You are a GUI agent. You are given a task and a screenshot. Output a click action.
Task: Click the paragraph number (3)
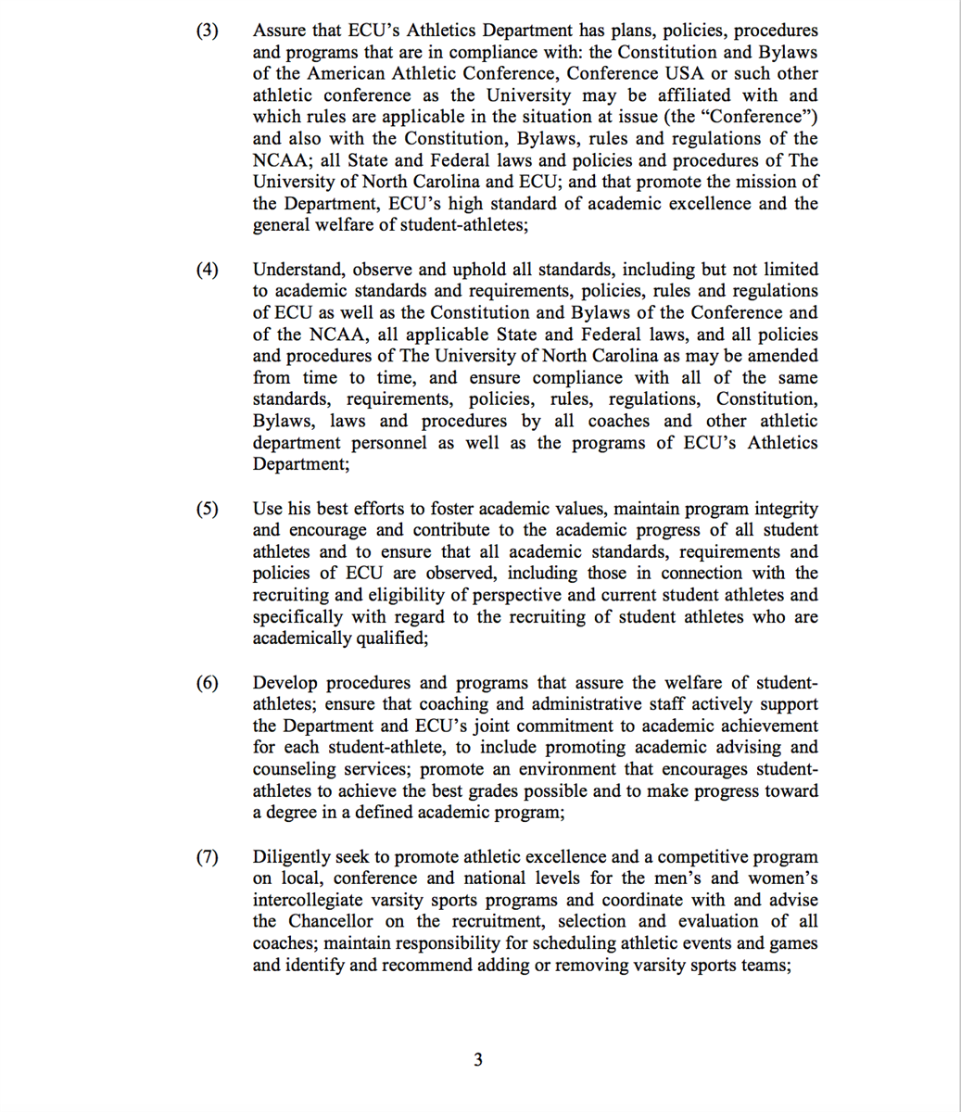tap(207, 31)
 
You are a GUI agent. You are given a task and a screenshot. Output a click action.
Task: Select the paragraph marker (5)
tap(207, 509)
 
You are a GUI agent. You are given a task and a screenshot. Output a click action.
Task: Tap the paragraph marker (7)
tap(207, 857)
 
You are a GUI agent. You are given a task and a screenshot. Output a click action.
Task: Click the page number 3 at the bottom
tap(477, 1059)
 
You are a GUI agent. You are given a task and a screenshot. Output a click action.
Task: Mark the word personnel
tap(385, 443)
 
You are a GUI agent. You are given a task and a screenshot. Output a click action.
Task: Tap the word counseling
tap(295, 770)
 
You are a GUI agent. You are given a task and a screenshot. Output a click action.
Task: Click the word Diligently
tap(294, 857)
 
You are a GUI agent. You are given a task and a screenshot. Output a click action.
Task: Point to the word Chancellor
tap(331, 922)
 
